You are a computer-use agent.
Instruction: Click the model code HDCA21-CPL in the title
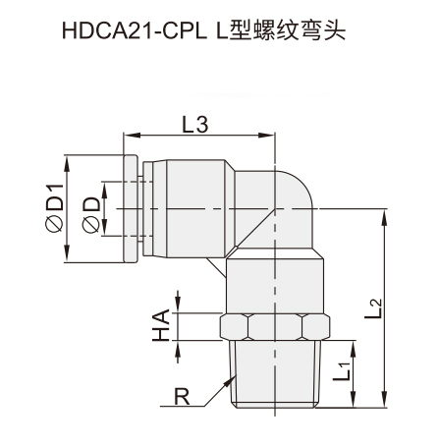[x=135, y=30]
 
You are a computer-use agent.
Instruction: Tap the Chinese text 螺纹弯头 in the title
[x=300, y=30]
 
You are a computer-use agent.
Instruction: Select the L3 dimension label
[x=195, y=125]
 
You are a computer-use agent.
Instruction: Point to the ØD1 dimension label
[x=54, y=208]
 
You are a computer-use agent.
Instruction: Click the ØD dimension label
[x=91, y=215]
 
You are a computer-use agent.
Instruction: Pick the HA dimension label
[x=161, y=326]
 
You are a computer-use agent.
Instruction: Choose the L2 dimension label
[x=373, y=308]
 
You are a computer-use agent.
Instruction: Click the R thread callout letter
[x=182, y=397]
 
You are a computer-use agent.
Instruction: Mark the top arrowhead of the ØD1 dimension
[x=68, y=163]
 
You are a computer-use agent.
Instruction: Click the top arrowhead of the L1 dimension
[x=354, y=349]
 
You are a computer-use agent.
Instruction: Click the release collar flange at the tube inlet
[x=130, y=208]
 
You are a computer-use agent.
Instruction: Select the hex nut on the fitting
[x=275, y=327]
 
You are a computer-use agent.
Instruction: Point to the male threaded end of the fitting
[x=275, y=374]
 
